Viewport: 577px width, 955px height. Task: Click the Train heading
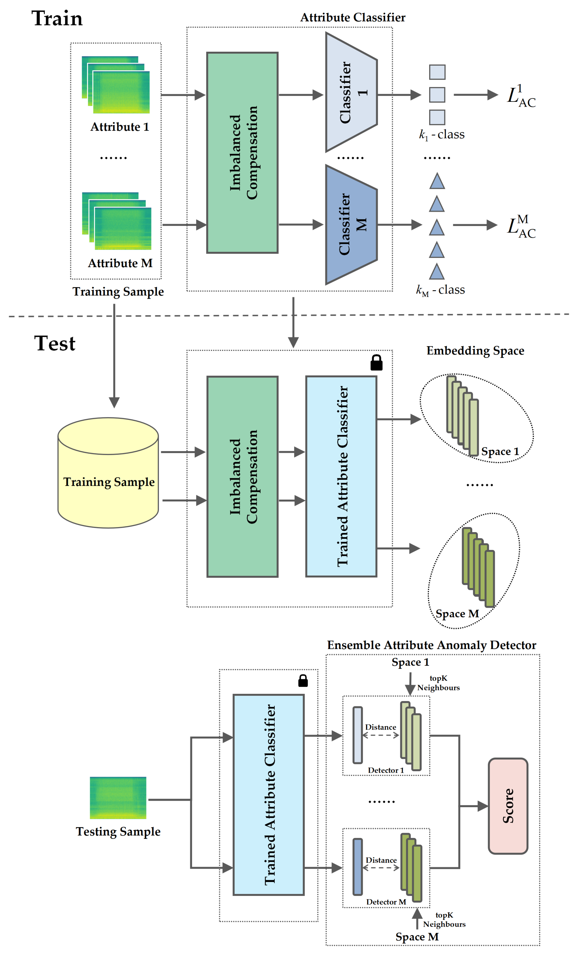(x=57, y=19)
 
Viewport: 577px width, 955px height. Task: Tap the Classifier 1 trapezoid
(x=350, y=92)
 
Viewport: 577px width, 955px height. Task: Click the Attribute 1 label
(x=120, y=127)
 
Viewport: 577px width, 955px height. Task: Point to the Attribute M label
(x=120, y=263)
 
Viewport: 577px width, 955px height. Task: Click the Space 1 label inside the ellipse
(x=500, y=452)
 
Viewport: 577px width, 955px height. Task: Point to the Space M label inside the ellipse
(x=457, y=614)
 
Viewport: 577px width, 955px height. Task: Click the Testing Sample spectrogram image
(x=118, y=798)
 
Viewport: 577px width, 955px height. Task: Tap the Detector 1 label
(x=385, y=771)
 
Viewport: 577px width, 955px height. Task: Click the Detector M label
(x=386, y=902)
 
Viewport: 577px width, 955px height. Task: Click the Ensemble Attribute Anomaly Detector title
(x=431, y=645)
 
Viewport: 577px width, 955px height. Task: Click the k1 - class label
(x=441, y=135)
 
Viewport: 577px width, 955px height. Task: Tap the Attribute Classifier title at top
(x=353, y=17)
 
